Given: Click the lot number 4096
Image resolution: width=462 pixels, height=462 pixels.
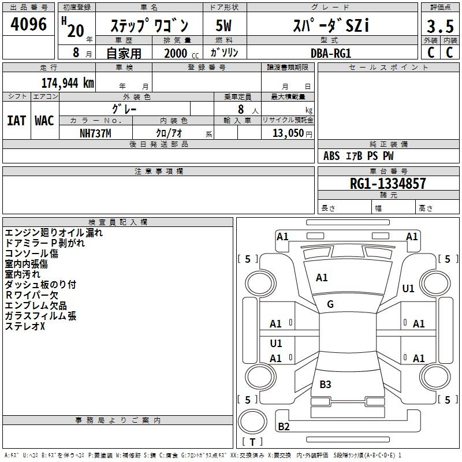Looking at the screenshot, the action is pyautogui.click(x=28, y=24).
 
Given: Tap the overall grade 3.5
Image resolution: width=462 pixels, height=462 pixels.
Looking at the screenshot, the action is pyautogui.click(x=440, y=26).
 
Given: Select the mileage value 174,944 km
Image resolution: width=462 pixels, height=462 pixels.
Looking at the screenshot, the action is pyautogui.click(x=68, y=83).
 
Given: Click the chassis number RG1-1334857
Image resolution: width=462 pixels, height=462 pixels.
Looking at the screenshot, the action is pyautogui.click(x=388, y=184).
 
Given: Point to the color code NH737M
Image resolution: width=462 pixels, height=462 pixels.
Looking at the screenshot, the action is pyautogui.click(x=95, y=133).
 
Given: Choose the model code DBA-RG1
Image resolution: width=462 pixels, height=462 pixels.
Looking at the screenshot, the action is pyautogui.click(x=331, y=53).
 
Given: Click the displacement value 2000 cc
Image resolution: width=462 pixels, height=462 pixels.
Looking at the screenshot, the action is pyautogui.click(x=181, y=53).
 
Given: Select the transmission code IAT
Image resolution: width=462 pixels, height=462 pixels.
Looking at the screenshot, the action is pyautogui.click(x=16, y=121).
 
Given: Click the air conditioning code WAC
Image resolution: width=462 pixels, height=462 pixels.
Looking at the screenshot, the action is pyautogui.click(x=44, y=121).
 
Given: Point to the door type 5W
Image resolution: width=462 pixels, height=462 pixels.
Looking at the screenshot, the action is pyautogui.click(x=223, y=25).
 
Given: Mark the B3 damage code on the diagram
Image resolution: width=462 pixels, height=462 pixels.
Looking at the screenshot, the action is pyautogui.click(x=325, y=384).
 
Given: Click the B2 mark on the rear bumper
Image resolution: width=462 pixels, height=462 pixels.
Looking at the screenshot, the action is pyautogui.click(x=284, y=426).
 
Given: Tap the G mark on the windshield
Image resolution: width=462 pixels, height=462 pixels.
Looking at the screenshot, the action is pyautogui.click(x=330, y=304).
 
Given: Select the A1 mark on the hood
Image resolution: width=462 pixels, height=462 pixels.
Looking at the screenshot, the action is pyautogui.click(x=322, y=278).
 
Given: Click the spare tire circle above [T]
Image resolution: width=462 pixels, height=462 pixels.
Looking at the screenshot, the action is pyautogui.click(x=252, y=422).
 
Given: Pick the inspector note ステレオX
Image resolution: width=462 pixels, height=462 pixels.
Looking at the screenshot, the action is pyautogui.click(x=25, y=326).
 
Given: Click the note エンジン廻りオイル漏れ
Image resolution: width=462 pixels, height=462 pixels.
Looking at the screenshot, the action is pyautogui.click(x=54, y=233).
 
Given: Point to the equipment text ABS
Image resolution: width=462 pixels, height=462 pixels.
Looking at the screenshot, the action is pyautogui.click(x=331, y=156).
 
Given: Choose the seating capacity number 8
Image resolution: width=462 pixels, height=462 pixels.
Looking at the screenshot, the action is pyautogui.click(x=241, y=109).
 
